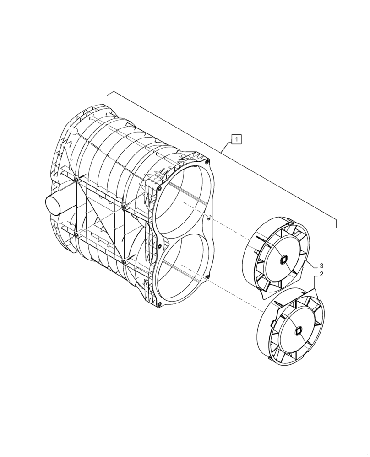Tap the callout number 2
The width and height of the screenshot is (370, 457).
(321, 274)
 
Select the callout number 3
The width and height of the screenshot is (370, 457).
(321, 266)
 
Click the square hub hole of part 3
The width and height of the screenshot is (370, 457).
(283, 260)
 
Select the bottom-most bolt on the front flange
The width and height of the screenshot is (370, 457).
(158, 305)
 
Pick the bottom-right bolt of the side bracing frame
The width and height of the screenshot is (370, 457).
(124, 261)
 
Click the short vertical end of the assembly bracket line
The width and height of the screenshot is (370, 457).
(336, 223)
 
